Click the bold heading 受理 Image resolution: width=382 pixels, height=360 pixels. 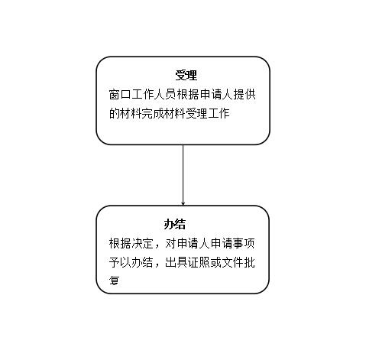pyautogui.click(x=186, y=76)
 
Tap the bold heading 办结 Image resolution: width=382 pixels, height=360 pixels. pyautogui.click(x=174, y=224)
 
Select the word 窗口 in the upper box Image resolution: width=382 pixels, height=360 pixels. pyautogui.click(x=120, y=94)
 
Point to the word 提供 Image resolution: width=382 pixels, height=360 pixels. pyautogui.click(x=244, y=94)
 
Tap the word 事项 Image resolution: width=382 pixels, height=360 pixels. pyautogui.click(x=244, y=244)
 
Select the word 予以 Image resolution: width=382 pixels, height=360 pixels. pyautogui.click(x=120, y=262)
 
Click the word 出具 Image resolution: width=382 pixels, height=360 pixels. pyautogui.click(x=176, y=262)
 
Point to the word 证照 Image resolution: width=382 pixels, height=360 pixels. pyautogui.click(x=199, y=262)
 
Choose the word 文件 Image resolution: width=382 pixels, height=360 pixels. pyautogui.click(x=233, y=262)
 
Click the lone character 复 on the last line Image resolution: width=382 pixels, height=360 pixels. pyautogui.click(x=115, y=281)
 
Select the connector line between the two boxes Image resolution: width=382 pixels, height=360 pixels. pyautogui.click(x=183, y=175)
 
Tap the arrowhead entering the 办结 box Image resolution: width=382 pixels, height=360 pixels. pyautogui.click(x=183, y=203)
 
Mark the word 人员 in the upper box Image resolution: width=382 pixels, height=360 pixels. pyautogui.click(x=165, y=94)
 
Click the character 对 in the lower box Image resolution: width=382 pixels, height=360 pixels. pyautogui.click(x=171, y=244)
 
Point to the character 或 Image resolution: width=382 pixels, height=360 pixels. pyautogui.click(x=216, y=262)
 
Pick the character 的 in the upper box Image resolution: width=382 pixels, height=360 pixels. pyautogui.click(x=115, y=113)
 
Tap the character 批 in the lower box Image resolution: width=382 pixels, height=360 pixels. pyautogui.click(x=250, y=262)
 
